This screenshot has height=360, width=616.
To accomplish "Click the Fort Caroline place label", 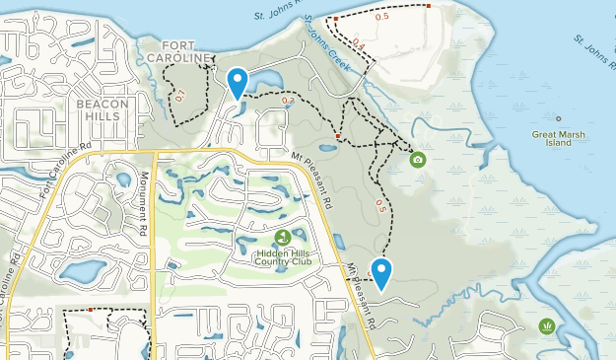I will pos(177,50).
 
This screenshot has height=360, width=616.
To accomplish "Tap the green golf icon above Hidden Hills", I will pos(283,237).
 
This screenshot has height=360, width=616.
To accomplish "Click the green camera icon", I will pos(418,159).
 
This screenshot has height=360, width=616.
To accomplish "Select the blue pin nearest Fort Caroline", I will pos(238,82).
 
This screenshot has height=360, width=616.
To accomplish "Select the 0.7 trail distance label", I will pos(288,101).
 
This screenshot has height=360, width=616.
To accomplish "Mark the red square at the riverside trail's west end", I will pos(335,19).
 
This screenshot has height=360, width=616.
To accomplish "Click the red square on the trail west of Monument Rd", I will pos(90,310).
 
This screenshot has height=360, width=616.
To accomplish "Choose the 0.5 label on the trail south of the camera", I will pos(381,205).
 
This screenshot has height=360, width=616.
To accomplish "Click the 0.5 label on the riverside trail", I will pos(382,16).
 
